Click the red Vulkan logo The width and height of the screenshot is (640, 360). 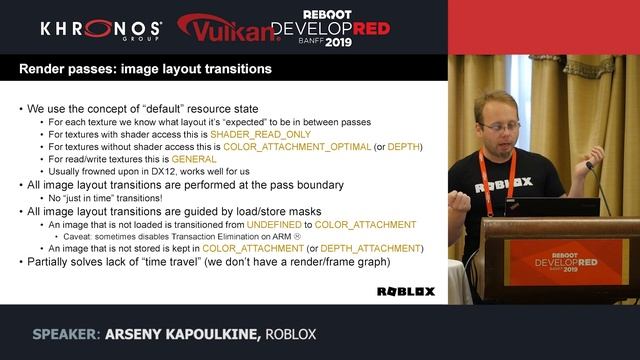click(228, 29)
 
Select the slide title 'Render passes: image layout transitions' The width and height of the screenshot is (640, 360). click(145, 70)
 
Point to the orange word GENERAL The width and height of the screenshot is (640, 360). click(194, 159)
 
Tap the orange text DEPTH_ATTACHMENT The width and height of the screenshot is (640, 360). click(368, 249)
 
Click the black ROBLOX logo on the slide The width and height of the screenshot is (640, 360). click(405, 291)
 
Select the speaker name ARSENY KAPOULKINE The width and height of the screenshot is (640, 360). click(174, 334)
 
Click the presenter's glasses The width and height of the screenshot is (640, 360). click(500, 127)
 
